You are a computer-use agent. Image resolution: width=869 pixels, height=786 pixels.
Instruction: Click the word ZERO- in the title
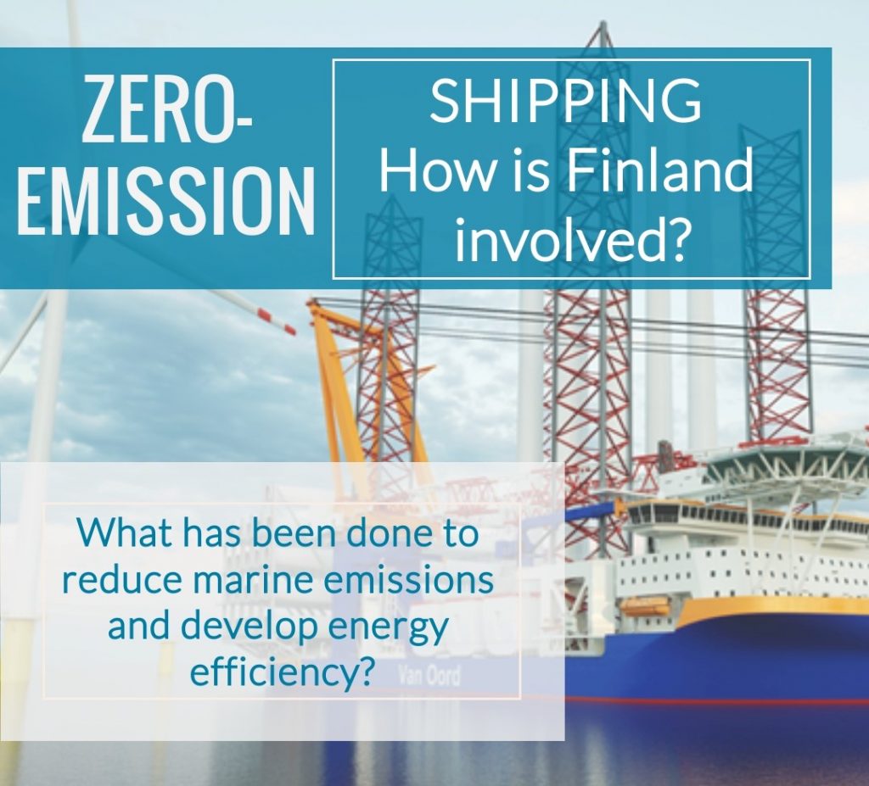coord(167,109)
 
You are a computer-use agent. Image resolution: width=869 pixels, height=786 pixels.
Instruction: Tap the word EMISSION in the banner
coord(165,199)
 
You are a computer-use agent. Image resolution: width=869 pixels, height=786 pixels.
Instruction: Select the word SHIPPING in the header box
coord(565,102)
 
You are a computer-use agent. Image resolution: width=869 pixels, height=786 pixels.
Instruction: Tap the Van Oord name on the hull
coord(429,677)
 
